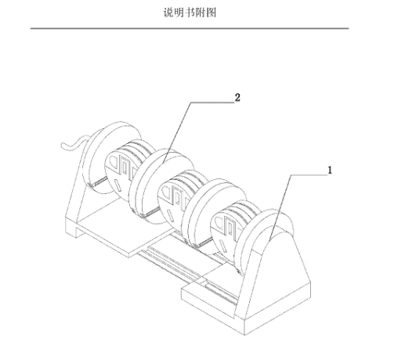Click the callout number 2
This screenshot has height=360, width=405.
[237, 98]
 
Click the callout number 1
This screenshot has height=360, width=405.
[330, 171]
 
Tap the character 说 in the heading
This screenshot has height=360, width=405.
[168, 13]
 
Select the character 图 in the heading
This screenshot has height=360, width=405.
[211, 13]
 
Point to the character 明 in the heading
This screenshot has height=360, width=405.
[179, 13]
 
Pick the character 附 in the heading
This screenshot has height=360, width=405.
[201, 13]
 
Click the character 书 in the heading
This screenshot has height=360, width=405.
[190, 13]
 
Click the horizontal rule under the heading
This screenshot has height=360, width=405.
[190, 28]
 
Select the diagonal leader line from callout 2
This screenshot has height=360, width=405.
[177, 133]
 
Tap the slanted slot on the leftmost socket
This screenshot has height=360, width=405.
[118, 186]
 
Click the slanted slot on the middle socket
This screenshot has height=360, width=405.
[171, 217]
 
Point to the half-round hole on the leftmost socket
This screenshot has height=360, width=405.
[114, 163]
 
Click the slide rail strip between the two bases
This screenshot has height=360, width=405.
[188, 274]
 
